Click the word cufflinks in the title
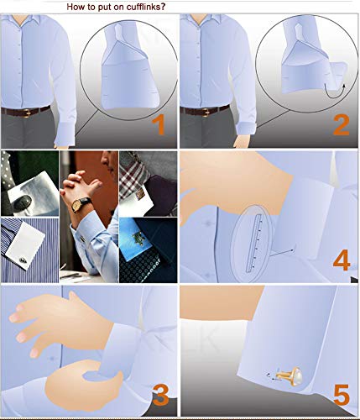(145, 7)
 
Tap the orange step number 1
(159, 125)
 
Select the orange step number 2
(342, 125)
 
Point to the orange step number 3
(160, 395)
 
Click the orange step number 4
(342, 260)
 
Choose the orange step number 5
(342, 395)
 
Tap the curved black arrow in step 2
(334, 94)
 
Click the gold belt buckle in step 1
(27, 112)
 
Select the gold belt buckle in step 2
(206, 112)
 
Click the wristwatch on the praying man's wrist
(79, 204)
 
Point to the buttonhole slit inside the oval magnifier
(253, 244)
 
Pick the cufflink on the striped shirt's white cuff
(23, 260)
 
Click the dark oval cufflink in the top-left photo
(23, 202)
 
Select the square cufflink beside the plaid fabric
(140, 193)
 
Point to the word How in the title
(74, 7)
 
